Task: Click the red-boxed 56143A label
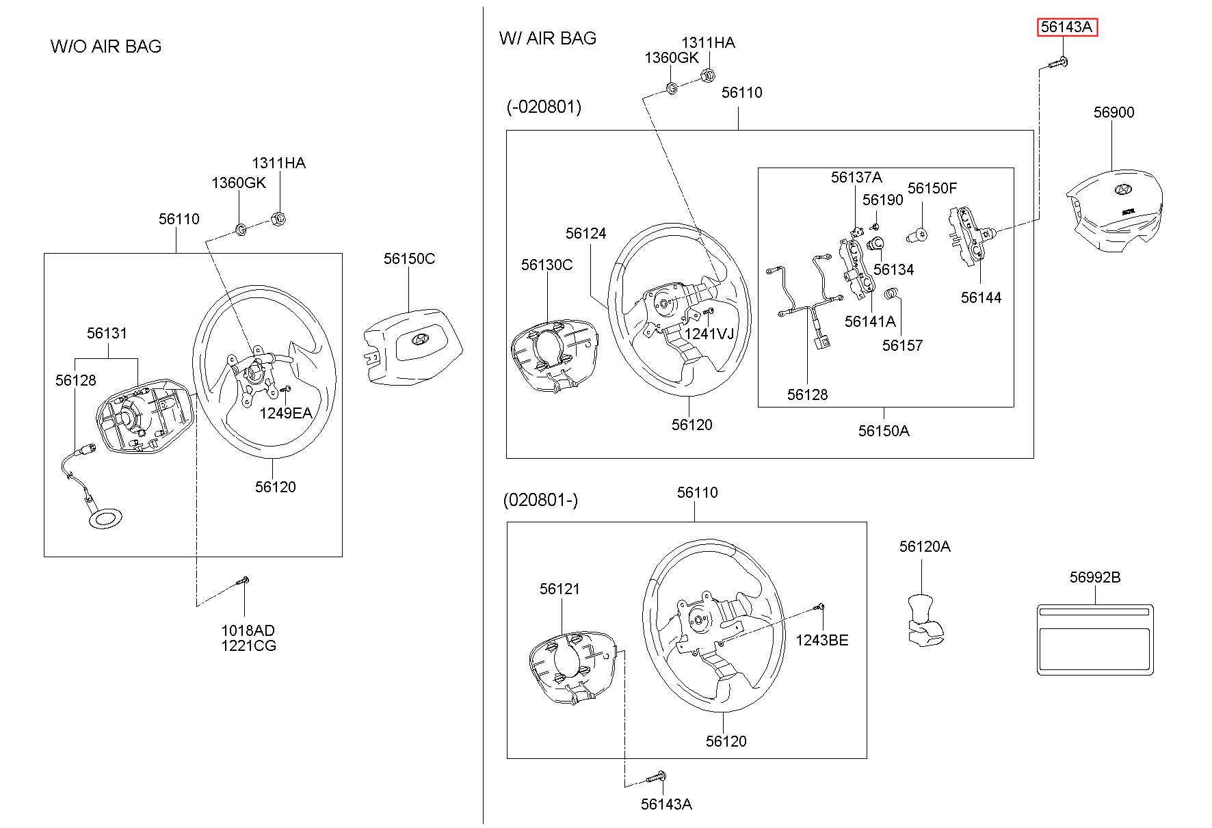pyautogui.click(x=1067, y=27)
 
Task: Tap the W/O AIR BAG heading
pyautogui.click(x=106, y=46)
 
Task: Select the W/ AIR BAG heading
pyautogui.click(x=548, y=38)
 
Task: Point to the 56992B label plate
pyautogui.click(x=1095, y=639)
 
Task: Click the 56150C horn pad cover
pyautogui.click(x=412, y=346)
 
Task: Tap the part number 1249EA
pyautogui.click(x=285, y=413)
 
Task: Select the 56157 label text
pyautogui.click(x=902, y=345)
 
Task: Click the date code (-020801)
pyautogui.click(x=544, y=107)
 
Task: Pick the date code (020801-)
pyautogui.click(x=540, y=500)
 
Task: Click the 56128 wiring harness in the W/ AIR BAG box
pyautogui.click(x=807, y=308)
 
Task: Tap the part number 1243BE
pyautogui.click(x=821, y=640)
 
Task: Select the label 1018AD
pyautogui.click(x=248, y=630)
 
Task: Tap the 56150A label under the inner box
pyautogui.click(x=884, y=431)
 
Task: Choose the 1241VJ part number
pyautogui.click(x=709, y=334)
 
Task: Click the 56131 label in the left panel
pyautogui.click(x=107, y=333)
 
